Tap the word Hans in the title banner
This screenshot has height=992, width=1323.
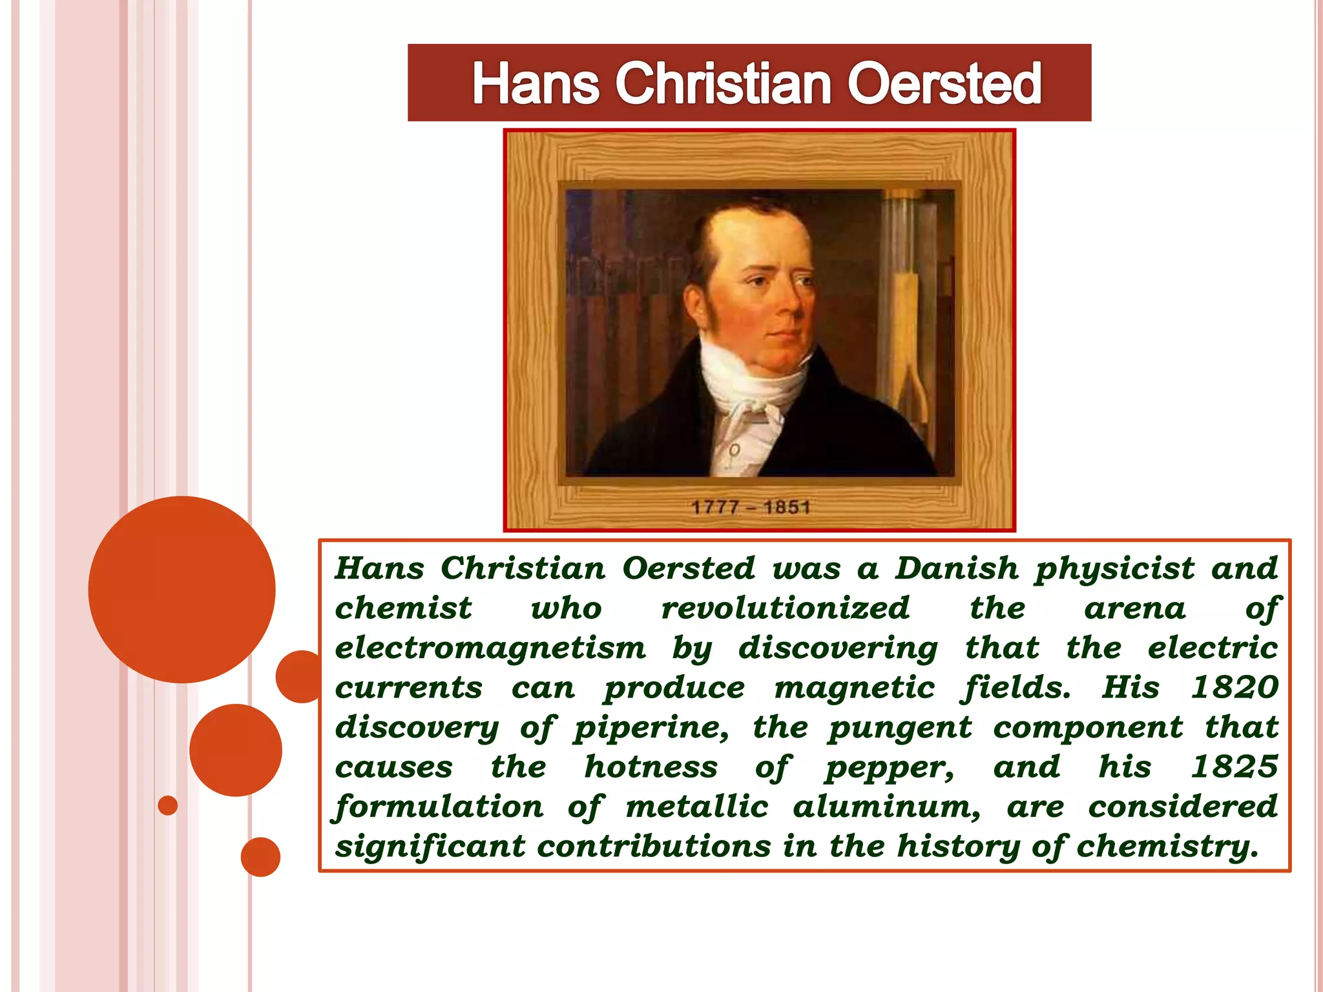tap(536, 84)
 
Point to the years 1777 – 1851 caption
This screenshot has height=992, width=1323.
tap(751, 508)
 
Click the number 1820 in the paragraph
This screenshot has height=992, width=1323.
tap(1234, 687)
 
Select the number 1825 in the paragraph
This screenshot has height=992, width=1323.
tap(1234, 767)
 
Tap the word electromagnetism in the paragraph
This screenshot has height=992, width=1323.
tap(490, 648)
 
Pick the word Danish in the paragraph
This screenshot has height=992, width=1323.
tap(957, 568)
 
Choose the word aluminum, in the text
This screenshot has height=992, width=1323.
tap(886, 807)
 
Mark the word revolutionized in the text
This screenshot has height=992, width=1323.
tap(785, 608)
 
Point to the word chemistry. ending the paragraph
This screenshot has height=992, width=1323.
tap(1168, 847)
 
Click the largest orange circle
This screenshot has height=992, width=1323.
tap(182, 589)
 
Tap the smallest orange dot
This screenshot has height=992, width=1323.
tap(168, 805)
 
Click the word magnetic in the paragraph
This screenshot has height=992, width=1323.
tap(854, 687)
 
